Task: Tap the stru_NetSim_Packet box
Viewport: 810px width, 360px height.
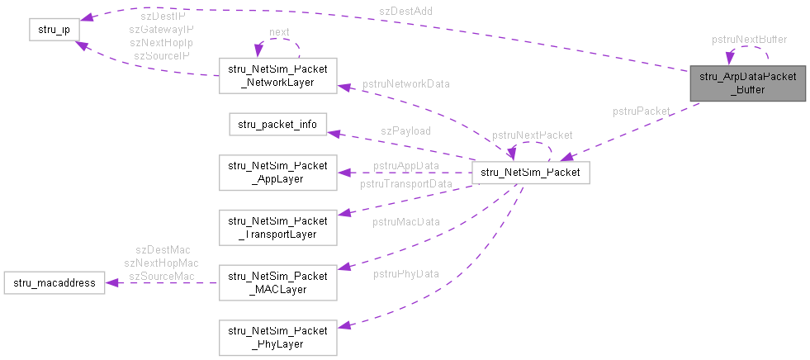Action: click(x=529, y=173)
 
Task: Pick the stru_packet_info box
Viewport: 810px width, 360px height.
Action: click(x=278, y=125)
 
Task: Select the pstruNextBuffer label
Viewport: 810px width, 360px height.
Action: click(x=749, y=39)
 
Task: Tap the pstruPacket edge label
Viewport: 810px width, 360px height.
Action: click(x=641, y=111)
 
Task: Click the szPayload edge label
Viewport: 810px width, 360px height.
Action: click(x=405, y=130)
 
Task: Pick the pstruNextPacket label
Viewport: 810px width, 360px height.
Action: click(x=532, y=135)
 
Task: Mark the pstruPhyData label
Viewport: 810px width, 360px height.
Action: click(x=405, y=273)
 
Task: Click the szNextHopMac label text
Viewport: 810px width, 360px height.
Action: click(x=161, y=263)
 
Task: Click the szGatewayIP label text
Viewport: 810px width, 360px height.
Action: click(x=161, y=29)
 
